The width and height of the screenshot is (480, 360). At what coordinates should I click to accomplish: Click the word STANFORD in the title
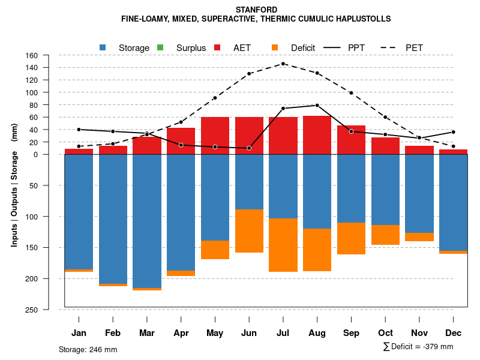[256, 10]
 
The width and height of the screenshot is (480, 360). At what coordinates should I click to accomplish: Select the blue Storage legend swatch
[103, 47]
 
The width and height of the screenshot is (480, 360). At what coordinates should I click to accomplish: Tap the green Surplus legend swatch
[160, 47]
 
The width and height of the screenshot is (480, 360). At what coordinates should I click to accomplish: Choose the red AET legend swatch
[218, 47]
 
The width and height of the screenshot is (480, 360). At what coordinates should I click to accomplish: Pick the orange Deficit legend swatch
[275, 47]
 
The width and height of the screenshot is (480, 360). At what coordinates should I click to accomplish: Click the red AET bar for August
[317, 135]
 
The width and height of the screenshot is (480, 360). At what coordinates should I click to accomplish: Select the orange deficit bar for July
[283, 245]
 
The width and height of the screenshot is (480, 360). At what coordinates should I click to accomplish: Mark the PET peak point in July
[283, 64]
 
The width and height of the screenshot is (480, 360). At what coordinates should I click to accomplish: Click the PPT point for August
[317, 105]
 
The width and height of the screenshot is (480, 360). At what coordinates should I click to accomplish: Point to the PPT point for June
[248, 148]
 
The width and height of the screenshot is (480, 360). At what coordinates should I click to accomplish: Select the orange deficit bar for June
[248, 231]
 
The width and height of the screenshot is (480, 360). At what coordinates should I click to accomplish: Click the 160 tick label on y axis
[49, 56]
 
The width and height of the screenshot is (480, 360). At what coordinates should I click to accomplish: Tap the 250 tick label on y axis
[49, 310]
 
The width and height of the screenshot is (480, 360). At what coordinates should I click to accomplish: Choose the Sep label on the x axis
[351, 333]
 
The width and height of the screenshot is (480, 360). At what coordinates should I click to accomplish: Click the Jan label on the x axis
[79, 333]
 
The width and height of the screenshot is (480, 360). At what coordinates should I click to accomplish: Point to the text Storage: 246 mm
[88, 349]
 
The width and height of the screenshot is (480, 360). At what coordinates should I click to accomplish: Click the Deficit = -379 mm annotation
[418, 347]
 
